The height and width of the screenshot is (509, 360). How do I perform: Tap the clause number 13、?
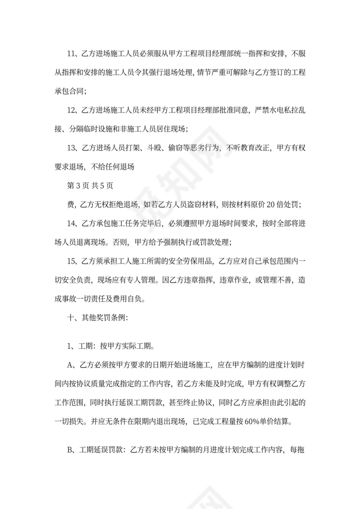click(x=72, y=148)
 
